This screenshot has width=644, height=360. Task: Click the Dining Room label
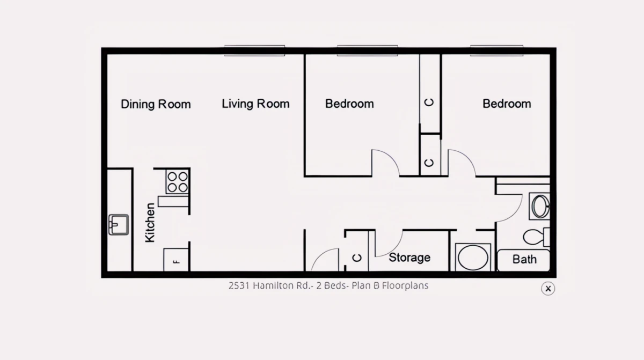(156, 104)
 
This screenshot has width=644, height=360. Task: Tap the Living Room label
(255, 104)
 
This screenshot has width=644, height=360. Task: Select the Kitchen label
(150, 223)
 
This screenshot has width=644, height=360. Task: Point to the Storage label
(409, 258)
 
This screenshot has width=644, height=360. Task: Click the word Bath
(524, 260)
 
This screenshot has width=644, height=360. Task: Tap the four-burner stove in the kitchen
(178, 182)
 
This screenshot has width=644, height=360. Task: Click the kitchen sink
(119, 225)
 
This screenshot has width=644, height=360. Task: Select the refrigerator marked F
(176, 260)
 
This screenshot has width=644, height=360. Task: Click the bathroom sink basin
(540, 206)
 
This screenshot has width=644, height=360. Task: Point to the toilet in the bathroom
(536, 237)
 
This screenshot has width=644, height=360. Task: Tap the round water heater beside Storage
(473, 257)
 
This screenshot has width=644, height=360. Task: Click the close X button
(548, 289)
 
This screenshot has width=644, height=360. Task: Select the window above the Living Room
(254, 50)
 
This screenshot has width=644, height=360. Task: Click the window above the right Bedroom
(496, 50)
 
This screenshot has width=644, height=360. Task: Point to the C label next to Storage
(357, 258)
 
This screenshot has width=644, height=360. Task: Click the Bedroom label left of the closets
(349, 104)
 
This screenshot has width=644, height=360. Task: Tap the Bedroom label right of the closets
(507, 104)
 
